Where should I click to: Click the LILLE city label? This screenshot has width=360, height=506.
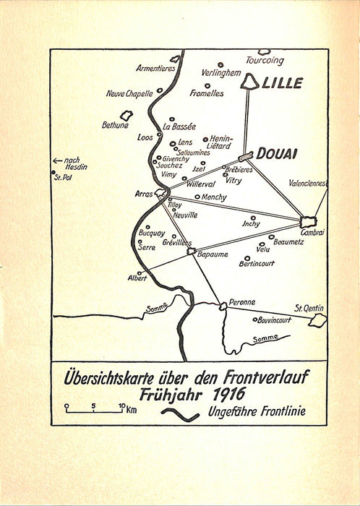(x=283, y=84)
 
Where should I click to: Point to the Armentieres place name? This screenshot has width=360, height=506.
(x=156, y=69)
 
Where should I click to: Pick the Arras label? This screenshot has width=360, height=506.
(x=145, y=194)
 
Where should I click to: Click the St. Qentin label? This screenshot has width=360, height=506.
(x=308, y=309)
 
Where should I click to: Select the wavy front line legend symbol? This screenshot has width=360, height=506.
(x=182, y=413)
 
